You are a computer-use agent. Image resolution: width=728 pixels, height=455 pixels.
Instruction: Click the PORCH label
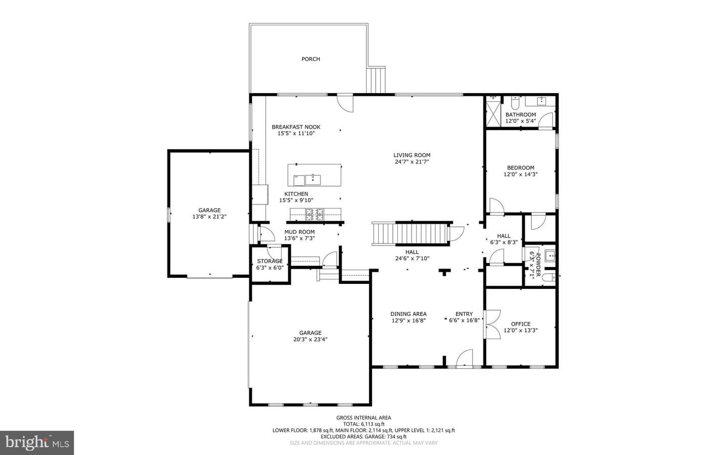311,59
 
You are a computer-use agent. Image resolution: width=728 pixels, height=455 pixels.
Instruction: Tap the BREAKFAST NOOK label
296,127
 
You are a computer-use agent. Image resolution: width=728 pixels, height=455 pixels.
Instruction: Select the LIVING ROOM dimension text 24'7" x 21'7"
412,162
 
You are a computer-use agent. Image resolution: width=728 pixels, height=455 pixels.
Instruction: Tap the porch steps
376,80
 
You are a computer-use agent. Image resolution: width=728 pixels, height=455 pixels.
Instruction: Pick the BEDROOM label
521,168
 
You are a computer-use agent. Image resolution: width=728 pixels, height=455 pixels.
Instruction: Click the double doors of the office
491,324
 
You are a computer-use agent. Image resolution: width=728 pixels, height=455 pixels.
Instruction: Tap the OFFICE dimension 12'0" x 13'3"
521,330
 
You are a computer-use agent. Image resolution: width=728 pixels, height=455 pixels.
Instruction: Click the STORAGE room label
270,261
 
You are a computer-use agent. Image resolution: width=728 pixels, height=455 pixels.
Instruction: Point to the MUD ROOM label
299,232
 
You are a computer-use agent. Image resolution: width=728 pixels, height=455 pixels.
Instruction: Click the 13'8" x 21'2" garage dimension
209,217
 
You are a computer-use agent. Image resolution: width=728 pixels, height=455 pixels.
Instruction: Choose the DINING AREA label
408,314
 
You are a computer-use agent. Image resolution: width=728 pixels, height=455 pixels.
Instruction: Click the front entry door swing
465,358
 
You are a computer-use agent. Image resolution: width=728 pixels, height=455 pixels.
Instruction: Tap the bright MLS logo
37,443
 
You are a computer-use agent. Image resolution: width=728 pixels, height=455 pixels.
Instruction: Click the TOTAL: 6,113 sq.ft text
363,424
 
